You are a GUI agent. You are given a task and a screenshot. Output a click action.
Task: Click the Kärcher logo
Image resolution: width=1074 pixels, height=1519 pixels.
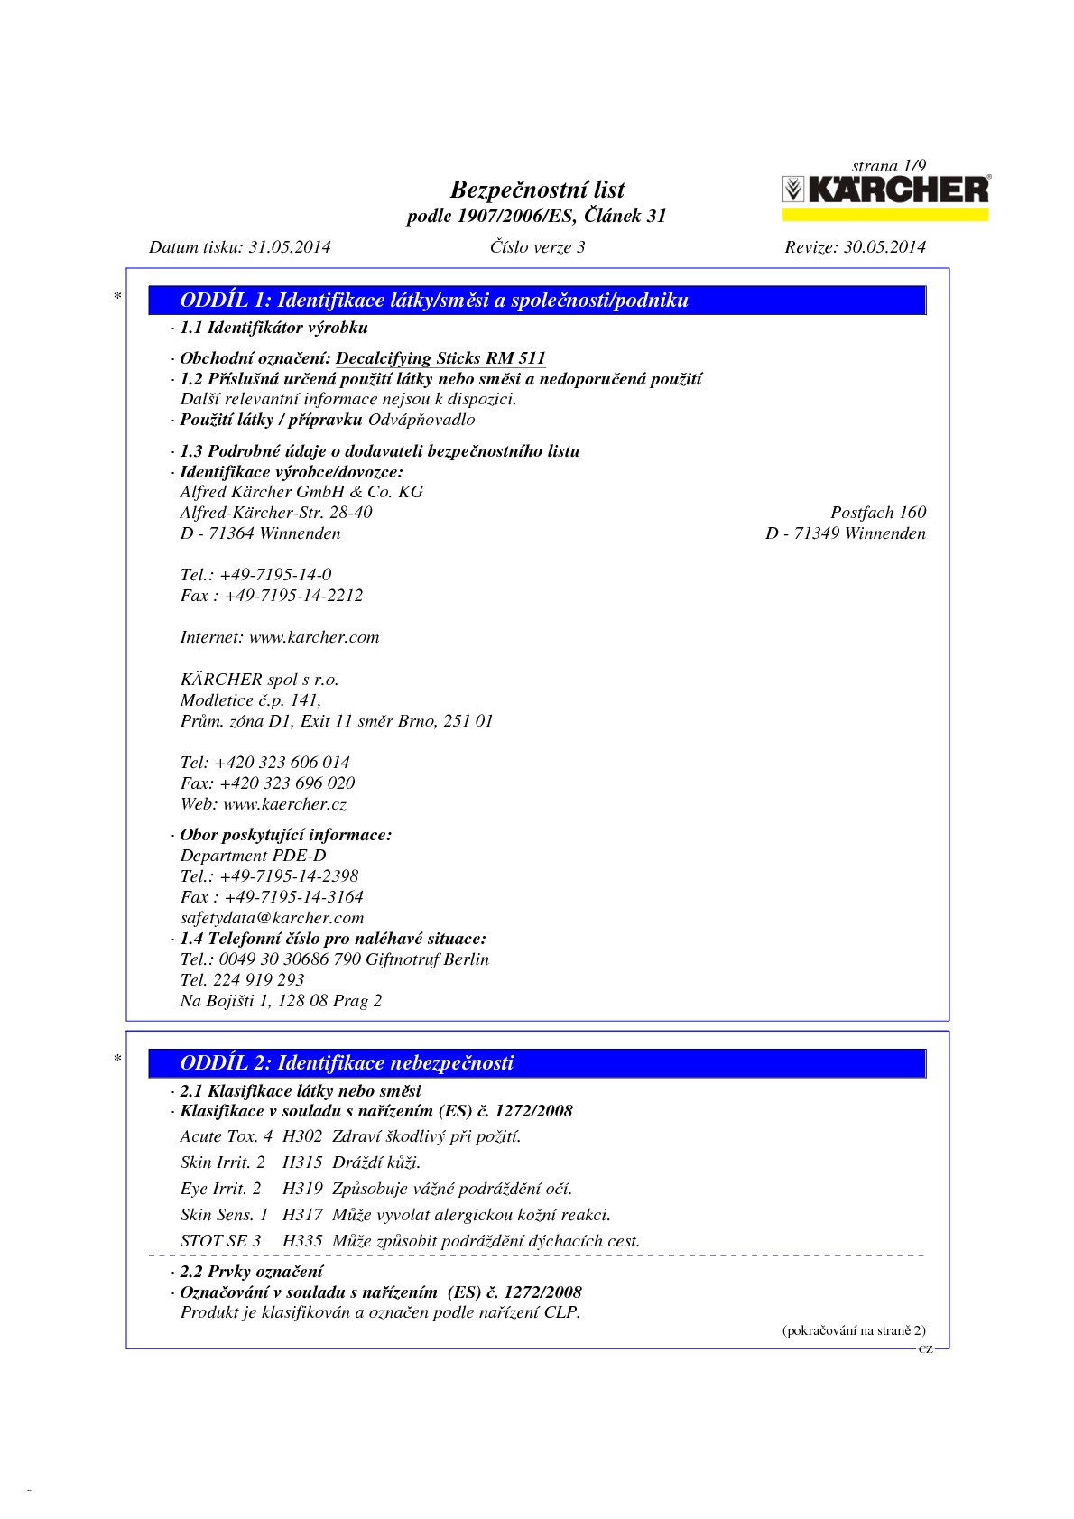(884, 190)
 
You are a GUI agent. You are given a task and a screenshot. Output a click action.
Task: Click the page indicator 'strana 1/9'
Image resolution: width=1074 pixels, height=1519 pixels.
(889, 165)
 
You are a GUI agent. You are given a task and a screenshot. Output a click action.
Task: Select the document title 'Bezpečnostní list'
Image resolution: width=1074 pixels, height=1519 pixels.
(537, 190)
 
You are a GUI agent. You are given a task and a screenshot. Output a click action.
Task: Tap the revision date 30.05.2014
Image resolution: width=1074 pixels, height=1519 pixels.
(884, 246)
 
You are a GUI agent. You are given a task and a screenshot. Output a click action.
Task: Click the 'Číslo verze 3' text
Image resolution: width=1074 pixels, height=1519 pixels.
(537, 246)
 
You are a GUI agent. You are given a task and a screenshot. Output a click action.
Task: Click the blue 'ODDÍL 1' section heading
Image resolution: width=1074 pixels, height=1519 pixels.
(434, 301)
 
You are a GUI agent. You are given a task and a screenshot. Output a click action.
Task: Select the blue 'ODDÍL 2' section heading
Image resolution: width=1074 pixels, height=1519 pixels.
(347, 1062)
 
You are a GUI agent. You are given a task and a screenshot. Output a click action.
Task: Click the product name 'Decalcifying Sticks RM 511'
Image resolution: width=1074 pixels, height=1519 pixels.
(440, 358)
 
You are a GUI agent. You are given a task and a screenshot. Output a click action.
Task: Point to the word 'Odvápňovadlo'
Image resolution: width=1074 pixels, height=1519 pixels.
(421, 420)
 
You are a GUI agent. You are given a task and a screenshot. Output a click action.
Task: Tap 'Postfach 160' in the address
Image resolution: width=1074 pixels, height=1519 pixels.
(878, 513)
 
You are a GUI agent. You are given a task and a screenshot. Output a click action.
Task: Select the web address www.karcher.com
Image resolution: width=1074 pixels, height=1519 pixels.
(314, 637)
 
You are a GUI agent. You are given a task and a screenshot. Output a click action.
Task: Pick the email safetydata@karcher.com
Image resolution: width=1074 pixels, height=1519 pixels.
(272, 918)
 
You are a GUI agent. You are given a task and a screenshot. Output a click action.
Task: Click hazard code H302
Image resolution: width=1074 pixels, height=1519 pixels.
(302, 1136)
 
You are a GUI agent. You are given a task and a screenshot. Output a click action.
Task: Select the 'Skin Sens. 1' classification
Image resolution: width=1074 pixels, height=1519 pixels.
(224, 1215)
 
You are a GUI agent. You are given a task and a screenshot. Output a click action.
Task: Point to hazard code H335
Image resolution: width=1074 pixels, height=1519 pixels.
(302, 1241)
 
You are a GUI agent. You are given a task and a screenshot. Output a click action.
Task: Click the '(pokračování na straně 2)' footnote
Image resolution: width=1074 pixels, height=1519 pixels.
(853, 1330)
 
